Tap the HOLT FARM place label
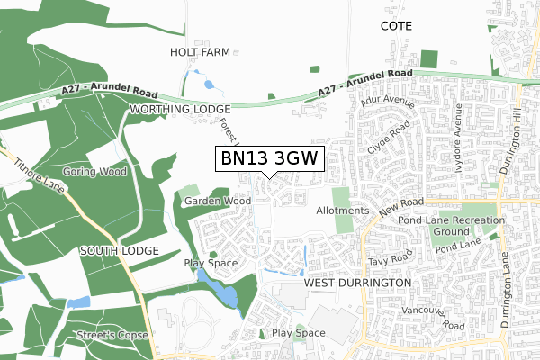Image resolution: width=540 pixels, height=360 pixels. tap(201, 53)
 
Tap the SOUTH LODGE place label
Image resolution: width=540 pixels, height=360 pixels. tap(120, 249)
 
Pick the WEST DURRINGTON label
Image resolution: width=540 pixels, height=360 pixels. tap(357, 283)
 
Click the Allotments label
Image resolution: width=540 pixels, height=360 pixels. tap(343, 211)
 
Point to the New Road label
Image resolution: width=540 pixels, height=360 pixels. tap(400, 213)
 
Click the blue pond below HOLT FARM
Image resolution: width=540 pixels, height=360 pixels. tap(209, 85)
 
